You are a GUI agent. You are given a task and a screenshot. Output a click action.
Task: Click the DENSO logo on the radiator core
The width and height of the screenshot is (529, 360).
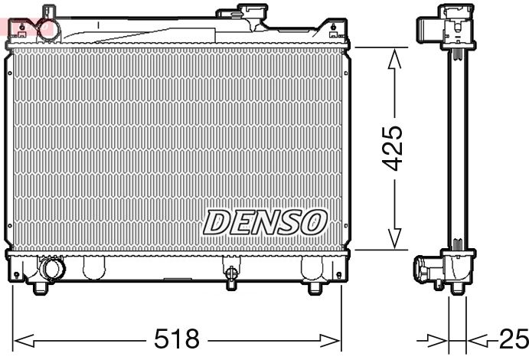tap(264, 222)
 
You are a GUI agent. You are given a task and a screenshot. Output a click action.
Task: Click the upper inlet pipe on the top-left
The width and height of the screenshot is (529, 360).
tap(51, 14)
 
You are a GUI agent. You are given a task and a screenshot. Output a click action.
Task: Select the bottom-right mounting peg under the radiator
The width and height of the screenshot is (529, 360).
tap(315, 288)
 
